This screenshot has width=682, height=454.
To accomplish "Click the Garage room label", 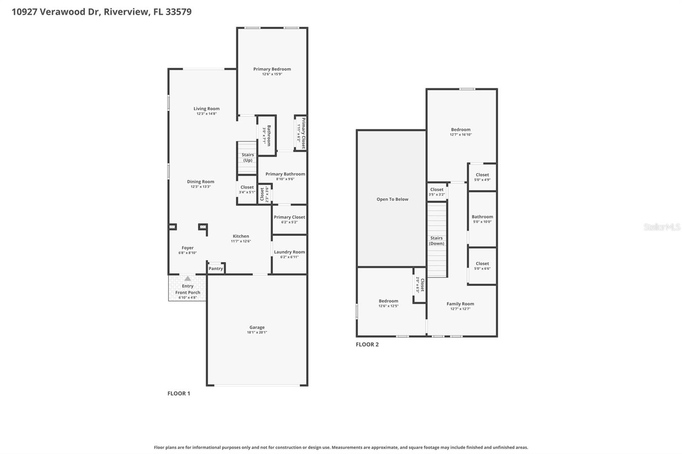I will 257,327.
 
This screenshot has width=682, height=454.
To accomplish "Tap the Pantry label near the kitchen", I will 216,268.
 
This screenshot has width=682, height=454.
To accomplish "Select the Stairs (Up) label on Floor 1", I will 248,158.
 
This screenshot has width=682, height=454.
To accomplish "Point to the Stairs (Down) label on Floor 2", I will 436,241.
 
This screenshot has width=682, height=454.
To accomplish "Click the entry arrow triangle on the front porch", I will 188,279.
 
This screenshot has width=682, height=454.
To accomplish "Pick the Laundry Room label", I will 289,252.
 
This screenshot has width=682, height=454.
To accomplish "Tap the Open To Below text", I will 392,199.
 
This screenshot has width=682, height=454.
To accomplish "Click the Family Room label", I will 460,304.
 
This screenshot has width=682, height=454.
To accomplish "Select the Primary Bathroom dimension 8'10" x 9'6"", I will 285,179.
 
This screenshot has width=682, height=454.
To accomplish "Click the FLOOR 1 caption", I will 179,393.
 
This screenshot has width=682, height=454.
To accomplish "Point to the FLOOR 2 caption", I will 367,344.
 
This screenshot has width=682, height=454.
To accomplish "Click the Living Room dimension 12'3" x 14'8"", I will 206,114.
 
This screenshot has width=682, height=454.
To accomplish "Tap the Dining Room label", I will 200,181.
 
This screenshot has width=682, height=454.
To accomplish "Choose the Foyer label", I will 188,247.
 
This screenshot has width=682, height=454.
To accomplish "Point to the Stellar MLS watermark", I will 662,227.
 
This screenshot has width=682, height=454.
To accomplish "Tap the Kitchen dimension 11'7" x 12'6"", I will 241,241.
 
